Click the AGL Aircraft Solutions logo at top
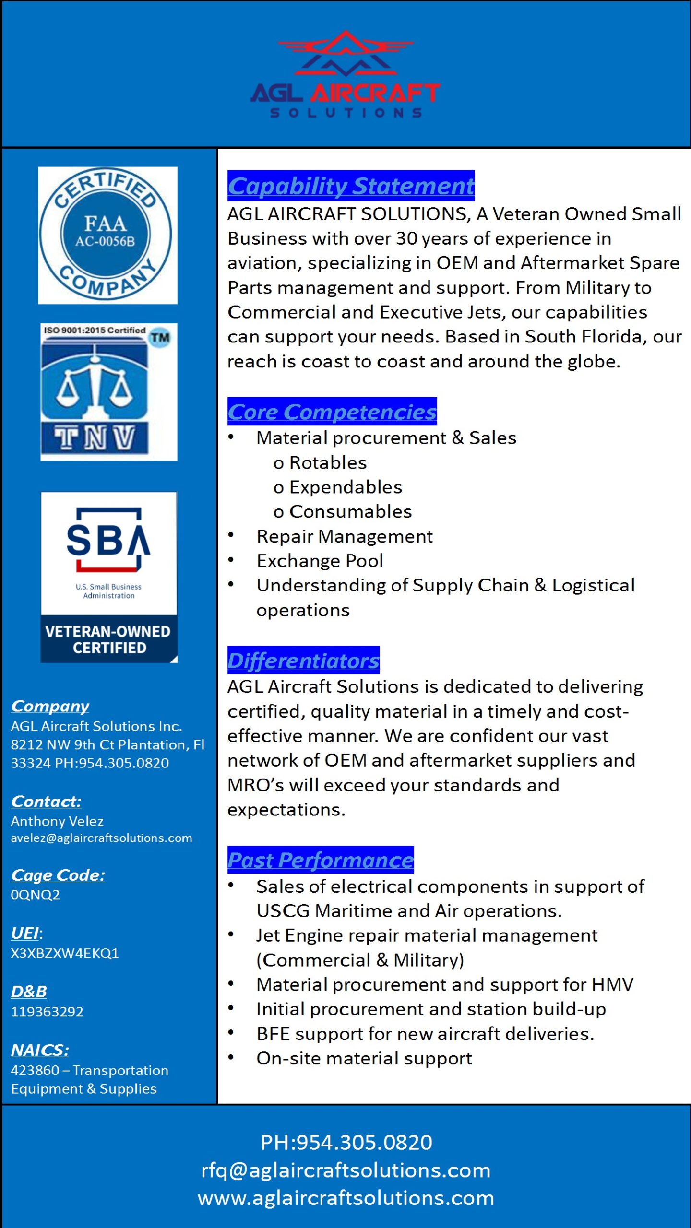click(x=345, y=75)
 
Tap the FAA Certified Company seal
click(x=107, y=235)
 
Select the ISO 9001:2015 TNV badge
click(x=108, y=392)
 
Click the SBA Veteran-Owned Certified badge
click(x=109, y=577)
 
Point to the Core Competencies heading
click(x=332, y=412)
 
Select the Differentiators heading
click(x=303, y=661)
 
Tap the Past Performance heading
click(x=321, y=860)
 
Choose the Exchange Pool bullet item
click(x=320, y=561)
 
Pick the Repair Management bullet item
click(x=344, y=536)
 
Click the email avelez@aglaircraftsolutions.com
click(x=101, y=838)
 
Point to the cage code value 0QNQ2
click(x=35, y=895)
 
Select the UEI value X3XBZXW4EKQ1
click(x=65, y=953)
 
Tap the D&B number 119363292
click(x=47, y=1012)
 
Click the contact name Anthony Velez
click(x=57, y=821)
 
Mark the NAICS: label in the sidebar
click(x=40, y=1050)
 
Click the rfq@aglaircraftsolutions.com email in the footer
click(x=345, y=1170)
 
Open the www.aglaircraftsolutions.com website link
click(x=345, y=1198)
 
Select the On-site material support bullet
click(x=364, y=1058)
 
